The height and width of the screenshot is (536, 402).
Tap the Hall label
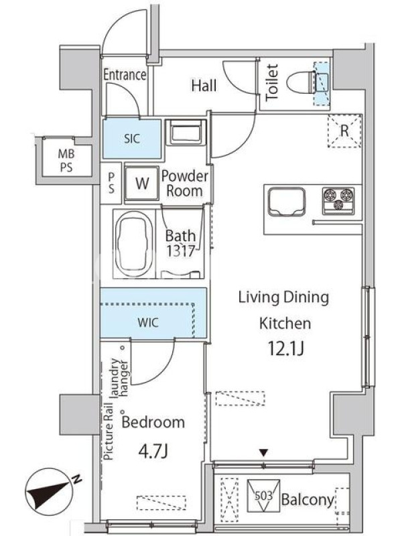204,86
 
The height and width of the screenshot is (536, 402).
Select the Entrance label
125,74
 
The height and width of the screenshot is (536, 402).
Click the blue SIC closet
132,139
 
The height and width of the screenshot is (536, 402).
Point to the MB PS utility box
66,160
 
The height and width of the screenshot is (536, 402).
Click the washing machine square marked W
142,183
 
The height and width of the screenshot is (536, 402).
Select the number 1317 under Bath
180,251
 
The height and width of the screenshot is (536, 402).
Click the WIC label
148,322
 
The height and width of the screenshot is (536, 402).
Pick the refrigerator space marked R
344,131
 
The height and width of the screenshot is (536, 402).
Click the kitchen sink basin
287,202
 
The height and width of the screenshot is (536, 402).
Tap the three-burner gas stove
338,200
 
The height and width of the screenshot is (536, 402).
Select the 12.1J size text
286,348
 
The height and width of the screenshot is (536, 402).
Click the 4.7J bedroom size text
153,452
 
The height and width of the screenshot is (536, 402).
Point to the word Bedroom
153,423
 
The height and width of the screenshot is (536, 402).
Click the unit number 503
263,496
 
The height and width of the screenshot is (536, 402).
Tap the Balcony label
308,500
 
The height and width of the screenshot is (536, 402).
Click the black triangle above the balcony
263,454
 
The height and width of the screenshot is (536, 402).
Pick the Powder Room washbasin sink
186,133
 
